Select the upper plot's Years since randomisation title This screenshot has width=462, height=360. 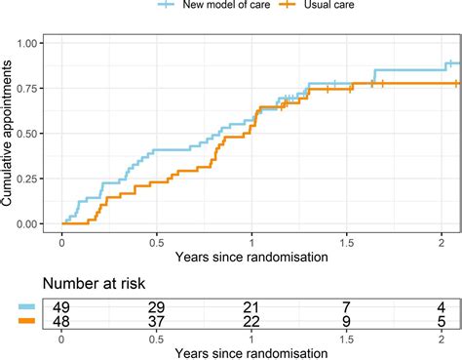point(251,259)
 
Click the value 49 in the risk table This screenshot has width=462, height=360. point(61,307)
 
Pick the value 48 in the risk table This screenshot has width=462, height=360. point(61,322)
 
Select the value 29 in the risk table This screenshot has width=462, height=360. point(156,307)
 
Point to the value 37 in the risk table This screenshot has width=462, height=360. point(156,322)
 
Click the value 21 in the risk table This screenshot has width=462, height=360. point(251,307)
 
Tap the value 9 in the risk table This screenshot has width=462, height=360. point(346,322)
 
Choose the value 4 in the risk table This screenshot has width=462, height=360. point(441,307)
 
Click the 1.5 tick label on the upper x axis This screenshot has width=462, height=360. point(346,243)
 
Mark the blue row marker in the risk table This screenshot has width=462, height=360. point(25,307)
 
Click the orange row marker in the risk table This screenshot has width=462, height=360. point(25,322)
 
